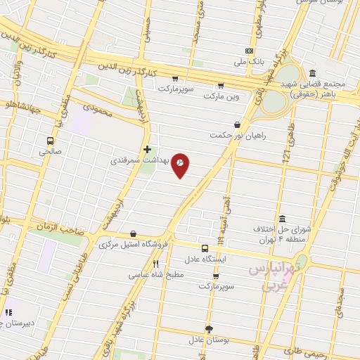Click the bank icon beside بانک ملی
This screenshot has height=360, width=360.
click(249, 51)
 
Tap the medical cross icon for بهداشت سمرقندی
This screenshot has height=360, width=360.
click(147, 150)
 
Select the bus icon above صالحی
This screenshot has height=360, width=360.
click(51, 140)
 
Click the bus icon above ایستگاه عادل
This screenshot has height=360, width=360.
click(205, 248)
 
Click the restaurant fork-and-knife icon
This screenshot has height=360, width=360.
click(155, 264)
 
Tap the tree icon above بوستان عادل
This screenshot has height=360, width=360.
click(209, 329)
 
